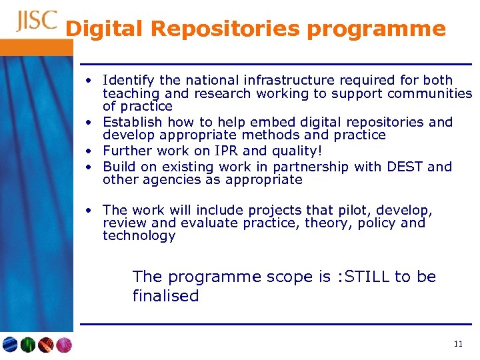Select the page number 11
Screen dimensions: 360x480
tap(457, 344)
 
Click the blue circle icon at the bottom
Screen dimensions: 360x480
tap(10, 345)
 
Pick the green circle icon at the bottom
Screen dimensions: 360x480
tap(28, 345)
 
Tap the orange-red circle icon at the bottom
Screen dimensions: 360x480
tap(46, 345)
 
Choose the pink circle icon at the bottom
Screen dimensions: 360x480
tap(64, 345)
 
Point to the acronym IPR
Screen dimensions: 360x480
tap(221, 151)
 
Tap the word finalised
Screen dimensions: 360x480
tap(165, 296)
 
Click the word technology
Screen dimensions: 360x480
tap(139, 236)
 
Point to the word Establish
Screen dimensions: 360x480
tap(131, 122)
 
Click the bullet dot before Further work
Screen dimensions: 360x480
tap(88, 151)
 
